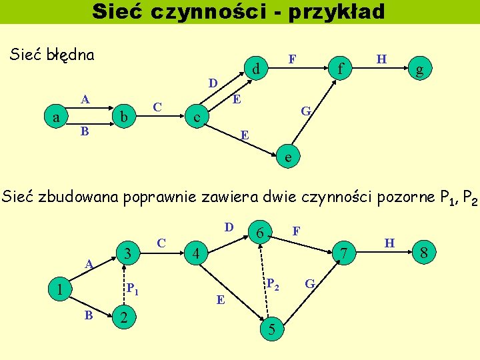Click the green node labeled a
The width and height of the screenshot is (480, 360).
[55, 117]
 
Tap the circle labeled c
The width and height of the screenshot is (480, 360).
[195, 117]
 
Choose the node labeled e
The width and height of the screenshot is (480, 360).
[287, 157]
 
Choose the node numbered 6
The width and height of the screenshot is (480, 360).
[261, 232]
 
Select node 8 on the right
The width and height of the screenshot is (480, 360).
[424, 253]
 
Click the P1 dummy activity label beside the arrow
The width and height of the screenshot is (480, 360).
[133, 289]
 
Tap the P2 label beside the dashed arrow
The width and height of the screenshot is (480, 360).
[272, 283]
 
